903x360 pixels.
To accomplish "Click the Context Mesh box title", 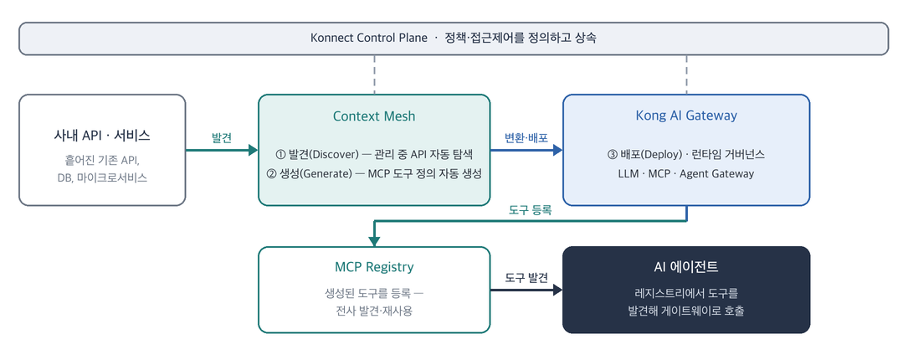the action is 374,116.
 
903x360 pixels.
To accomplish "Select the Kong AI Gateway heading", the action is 686,116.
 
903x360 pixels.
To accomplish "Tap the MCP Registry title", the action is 374,267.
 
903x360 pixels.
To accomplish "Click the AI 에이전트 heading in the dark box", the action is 686,267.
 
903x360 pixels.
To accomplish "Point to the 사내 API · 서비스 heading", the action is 102,136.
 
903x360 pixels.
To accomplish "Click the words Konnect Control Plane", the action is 369,39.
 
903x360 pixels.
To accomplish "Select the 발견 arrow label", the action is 222,139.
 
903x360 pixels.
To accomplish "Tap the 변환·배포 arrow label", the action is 526,139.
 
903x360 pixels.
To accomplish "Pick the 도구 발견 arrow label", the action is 526,278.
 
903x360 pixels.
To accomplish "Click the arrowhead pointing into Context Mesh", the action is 253,151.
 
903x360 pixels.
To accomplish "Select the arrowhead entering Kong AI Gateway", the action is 557,151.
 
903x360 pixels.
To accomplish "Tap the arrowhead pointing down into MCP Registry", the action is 374,241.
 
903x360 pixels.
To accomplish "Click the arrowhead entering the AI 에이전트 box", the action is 557,290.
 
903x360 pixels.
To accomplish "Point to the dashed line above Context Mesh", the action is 374,75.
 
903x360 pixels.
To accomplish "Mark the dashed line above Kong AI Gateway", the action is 686,75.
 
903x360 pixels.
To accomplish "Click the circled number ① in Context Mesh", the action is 281,155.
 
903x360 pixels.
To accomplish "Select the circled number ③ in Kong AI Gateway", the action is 613,155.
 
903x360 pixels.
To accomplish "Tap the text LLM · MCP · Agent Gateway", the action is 686,173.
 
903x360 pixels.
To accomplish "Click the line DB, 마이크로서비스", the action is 102,177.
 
